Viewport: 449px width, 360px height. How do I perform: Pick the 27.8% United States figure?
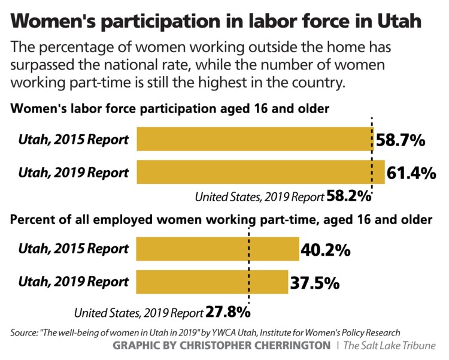coord(227,312)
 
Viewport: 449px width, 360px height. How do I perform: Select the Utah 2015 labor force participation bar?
coord(254,140)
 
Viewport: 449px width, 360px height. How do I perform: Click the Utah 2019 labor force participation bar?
coord(260,172)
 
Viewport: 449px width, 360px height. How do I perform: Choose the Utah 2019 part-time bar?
coord(212,281)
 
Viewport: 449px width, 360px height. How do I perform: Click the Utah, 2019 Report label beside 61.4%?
coord(74,173)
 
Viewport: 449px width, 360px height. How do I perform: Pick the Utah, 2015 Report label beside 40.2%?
coord(74,249)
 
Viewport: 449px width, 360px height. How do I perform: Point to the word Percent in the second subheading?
coord(30,220)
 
